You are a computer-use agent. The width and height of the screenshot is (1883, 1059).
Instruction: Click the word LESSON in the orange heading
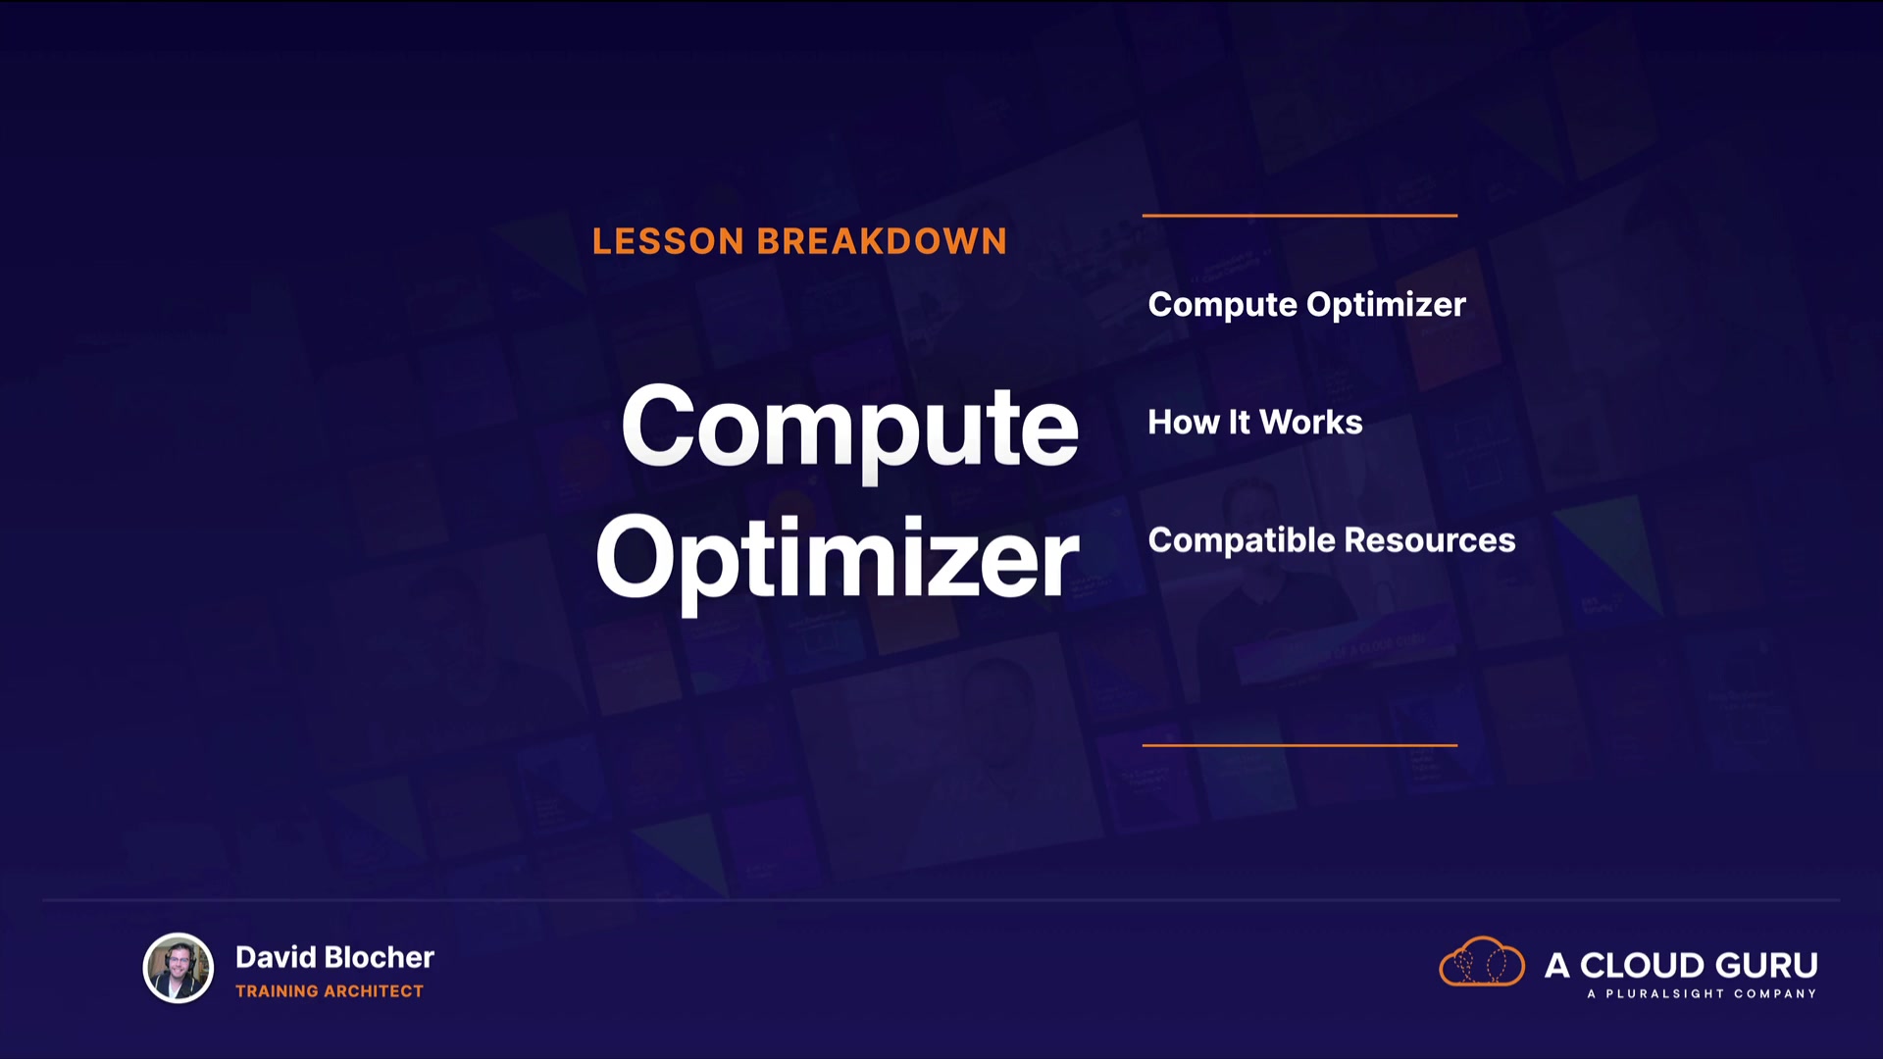(668, 241)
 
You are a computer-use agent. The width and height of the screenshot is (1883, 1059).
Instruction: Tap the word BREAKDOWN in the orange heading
(882, 241)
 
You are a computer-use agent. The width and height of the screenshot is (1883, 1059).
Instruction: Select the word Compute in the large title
(849, 427)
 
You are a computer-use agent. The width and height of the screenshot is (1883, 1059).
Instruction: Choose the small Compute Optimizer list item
(1306, 305)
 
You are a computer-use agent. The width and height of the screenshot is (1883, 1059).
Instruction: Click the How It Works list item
(1255, 422)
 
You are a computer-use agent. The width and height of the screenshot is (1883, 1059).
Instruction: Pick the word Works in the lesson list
(1311, 422)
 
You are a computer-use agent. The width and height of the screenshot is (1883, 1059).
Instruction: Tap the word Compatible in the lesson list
(1242, 540)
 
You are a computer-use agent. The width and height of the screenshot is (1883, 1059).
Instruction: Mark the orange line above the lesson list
(1299, 215)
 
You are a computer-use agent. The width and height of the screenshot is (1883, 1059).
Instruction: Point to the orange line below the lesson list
(1299, 745)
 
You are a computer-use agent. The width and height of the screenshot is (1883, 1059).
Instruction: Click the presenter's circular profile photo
(178, 968)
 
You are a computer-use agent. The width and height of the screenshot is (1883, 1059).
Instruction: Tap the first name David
(276, 957)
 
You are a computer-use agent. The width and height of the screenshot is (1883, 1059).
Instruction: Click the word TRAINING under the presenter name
(277, 991)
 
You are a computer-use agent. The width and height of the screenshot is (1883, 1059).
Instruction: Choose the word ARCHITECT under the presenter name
(374, 991)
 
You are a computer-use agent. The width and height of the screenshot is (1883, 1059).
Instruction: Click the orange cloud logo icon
(1482, 961)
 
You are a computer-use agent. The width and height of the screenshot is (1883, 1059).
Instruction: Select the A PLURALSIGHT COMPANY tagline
(1702, 993)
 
